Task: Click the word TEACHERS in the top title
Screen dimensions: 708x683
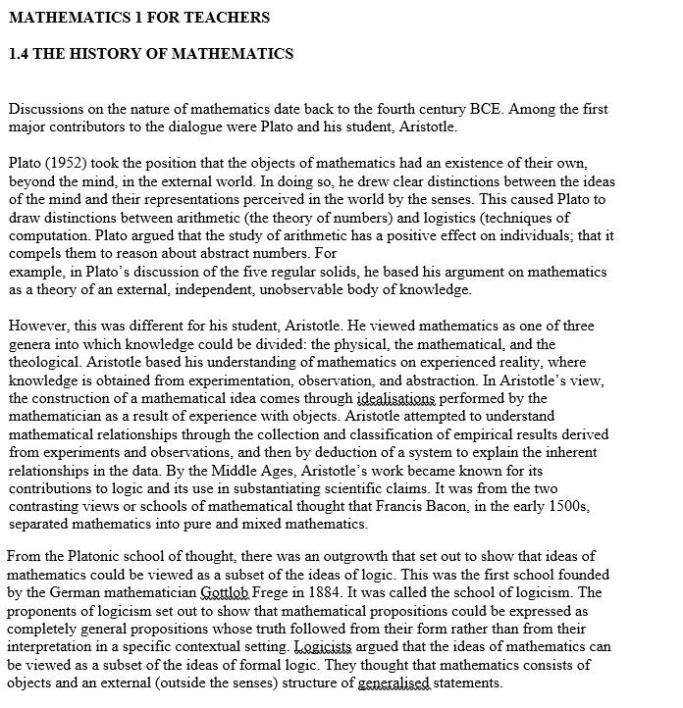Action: [x=227, y=18]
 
